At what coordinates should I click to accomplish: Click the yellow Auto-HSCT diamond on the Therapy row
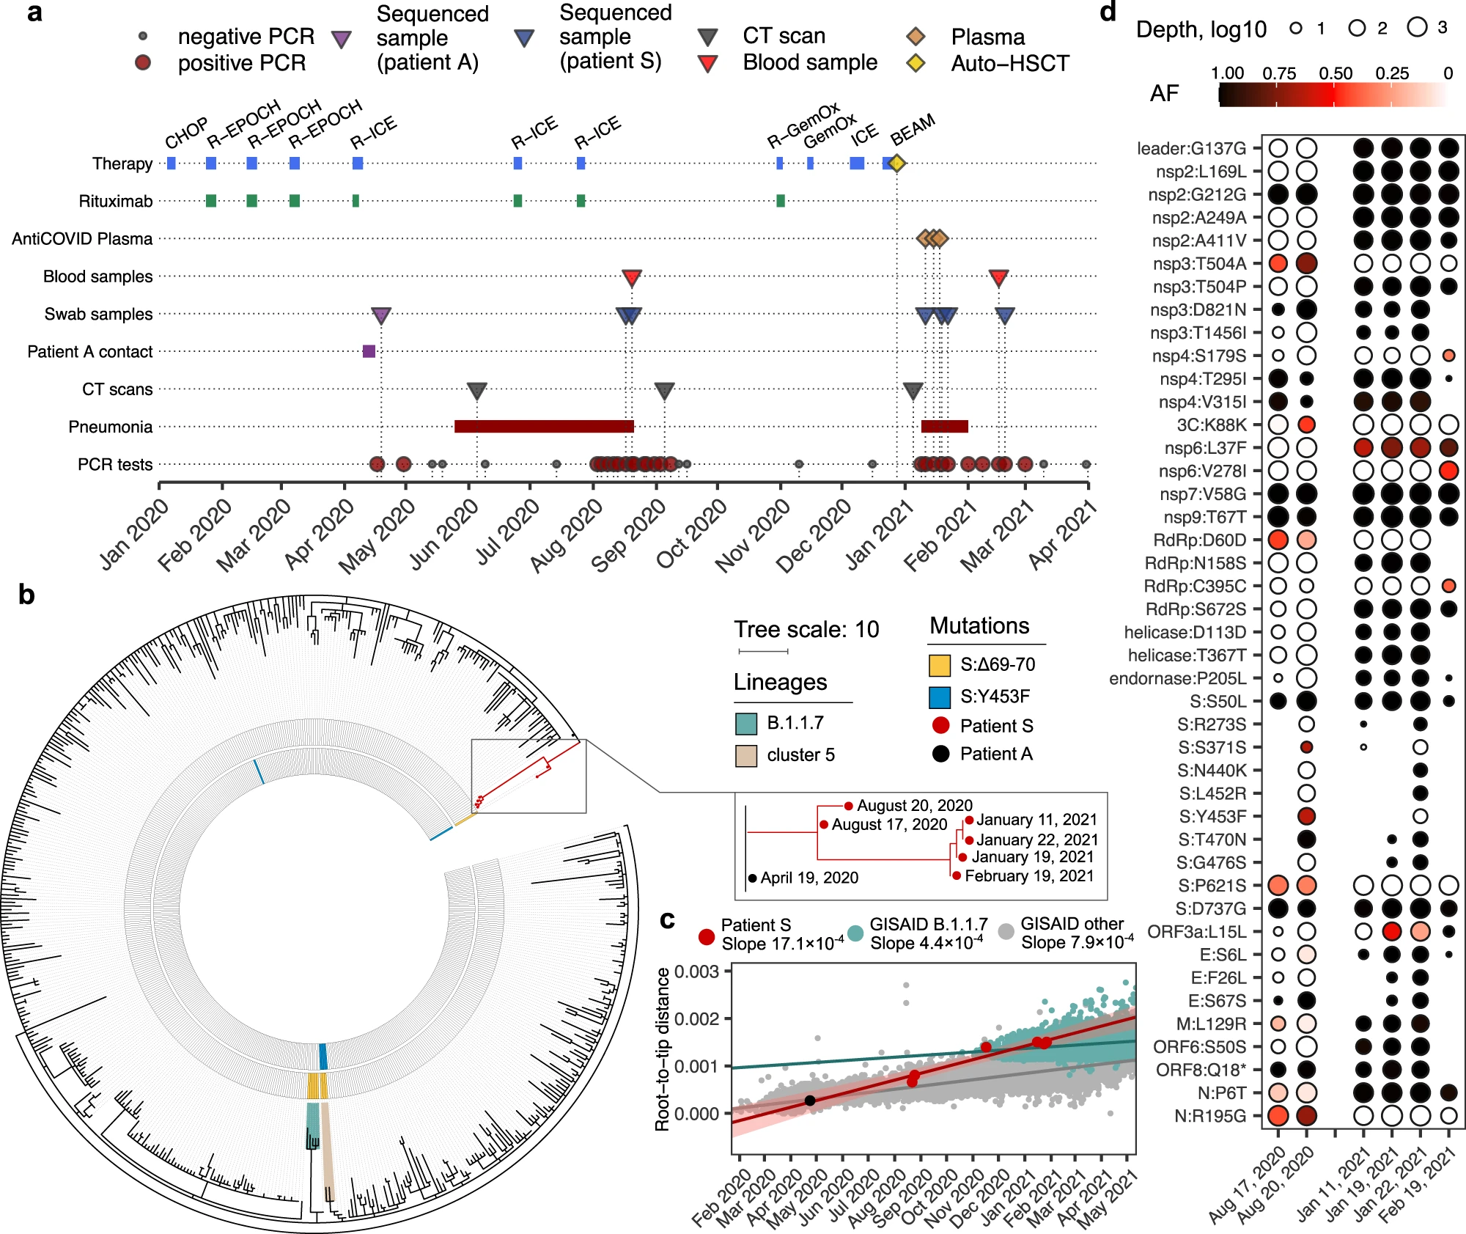tap(896, 164)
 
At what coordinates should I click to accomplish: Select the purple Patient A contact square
tap(369, 351)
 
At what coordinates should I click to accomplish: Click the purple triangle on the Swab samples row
tap(380, 315)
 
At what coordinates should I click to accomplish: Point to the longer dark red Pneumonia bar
tap(543, 427)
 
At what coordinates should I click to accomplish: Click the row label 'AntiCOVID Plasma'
tap(82, 239)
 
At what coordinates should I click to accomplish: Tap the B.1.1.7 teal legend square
tap(745, 724)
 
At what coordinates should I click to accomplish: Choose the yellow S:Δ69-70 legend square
tap(940, 665)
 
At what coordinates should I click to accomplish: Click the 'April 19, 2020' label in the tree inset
tap(809, 878)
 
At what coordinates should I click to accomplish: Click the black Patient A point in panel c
tap(809, 1101)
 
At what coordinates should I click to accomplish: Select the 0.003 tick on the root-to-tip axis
tap(696, 972)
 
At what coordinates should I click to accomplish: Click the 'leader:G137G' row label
tap(1191, 149)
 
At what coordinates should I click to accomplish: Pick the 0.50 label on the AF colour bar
tap(1335, 73)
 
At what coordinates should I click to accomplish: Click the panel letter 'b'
tap(26, 595)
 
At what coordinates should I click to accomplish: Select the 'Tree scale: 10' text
tap(806, 629)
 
